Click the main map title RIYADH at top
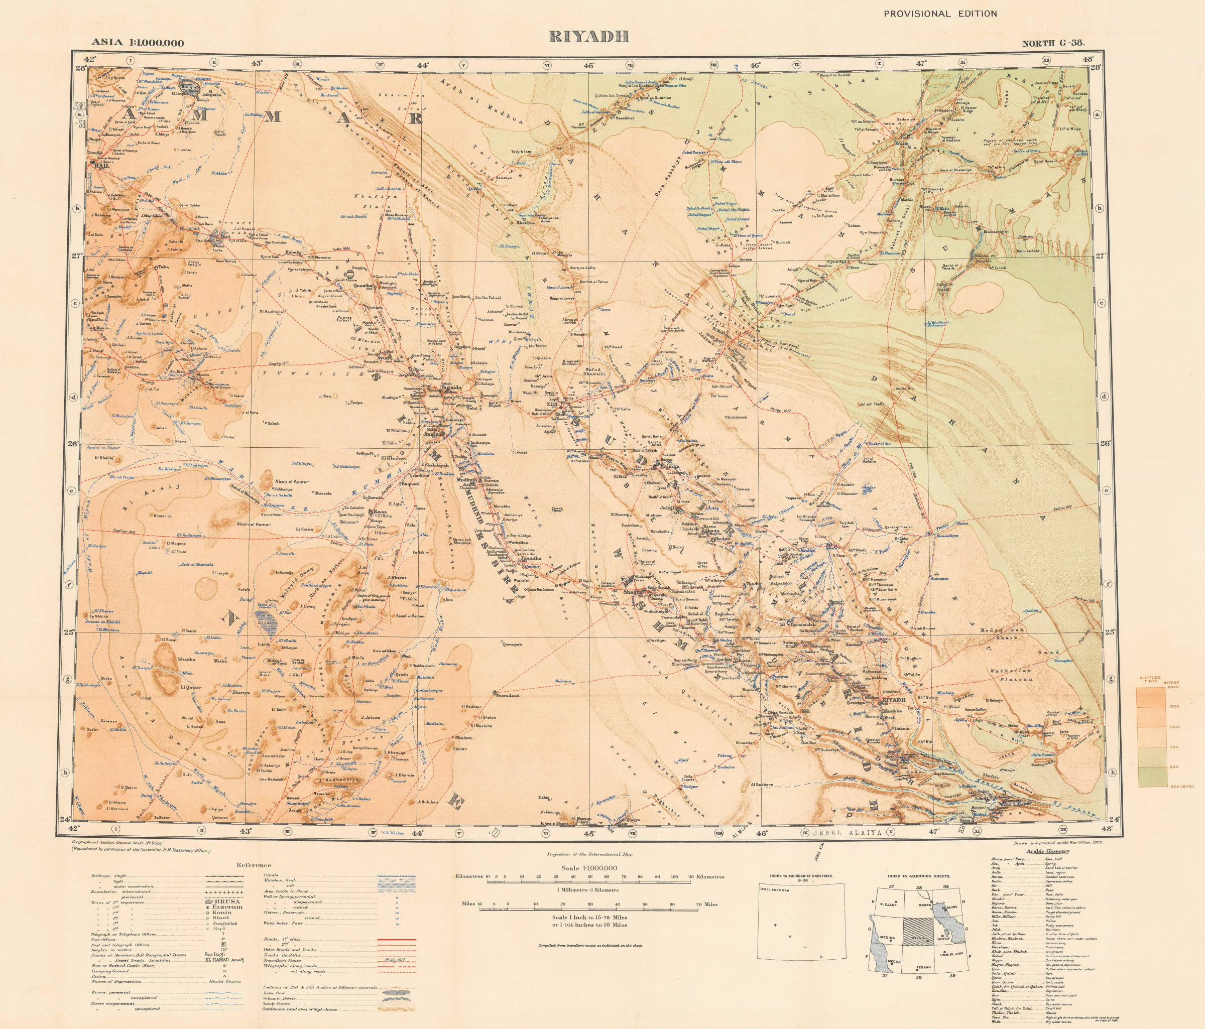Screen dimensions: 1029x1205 coord(589,37)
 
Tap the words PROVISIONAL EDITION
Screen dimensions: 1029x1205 coord(940,14)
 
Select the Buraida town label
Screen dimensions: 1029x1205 coord(451,386)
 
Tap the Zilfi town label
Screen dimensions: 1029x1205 coord(551,405)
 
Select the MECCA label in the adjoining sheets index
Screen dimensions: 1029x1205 coord(894,962)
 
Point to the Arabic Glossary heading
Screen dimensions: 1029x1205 coord(1047,850)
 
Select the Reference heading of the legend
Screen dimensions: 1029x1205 coord(254,865)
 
